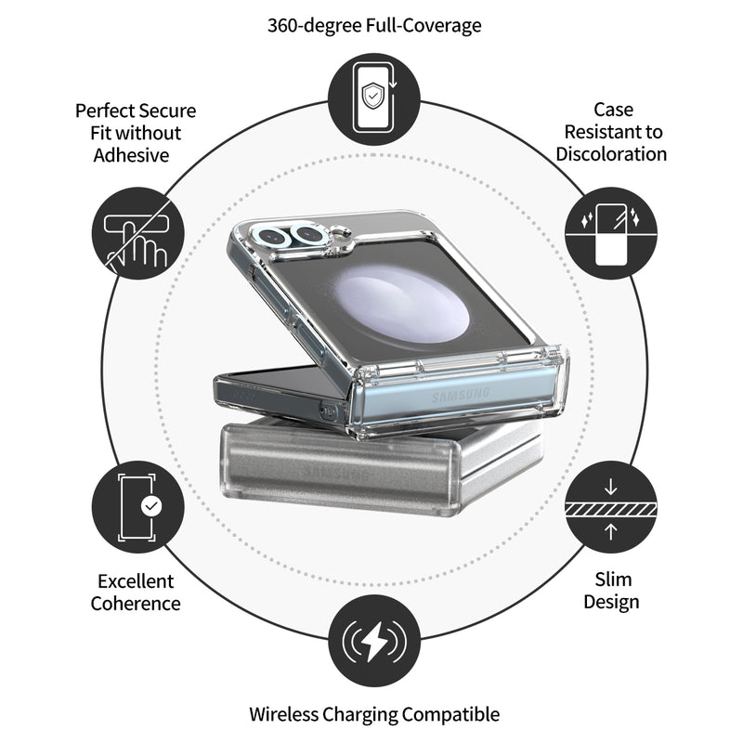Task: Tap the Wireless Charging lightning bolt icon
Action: (x=374, y=641)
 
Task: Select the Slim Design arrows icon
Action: (x=610, y=508)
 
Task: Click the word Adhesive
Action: (x=131, y=155)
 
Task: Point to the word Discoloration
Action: (x=611, y=154)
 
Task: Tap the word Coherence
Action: (x=136, y=604)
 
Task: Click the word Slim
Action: (x=612, y=580)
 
